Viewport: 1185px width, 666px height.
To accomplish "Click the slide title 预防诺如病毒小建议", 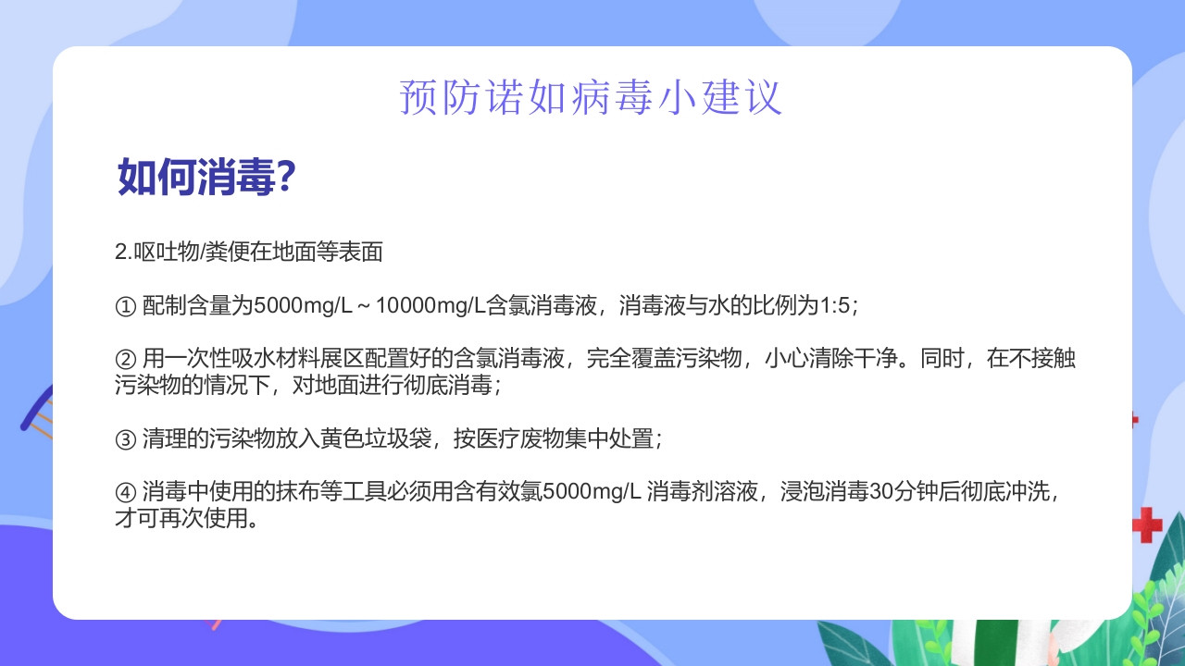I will [591, 98].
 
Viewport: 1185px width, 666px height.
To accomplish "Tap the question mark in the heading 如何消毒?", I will [286, 176].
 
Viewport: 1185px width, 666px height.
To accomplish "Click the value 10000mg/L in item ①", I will [430, 306].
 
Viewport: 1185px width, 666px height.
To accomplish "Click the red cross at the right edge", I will [1148, 524].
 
